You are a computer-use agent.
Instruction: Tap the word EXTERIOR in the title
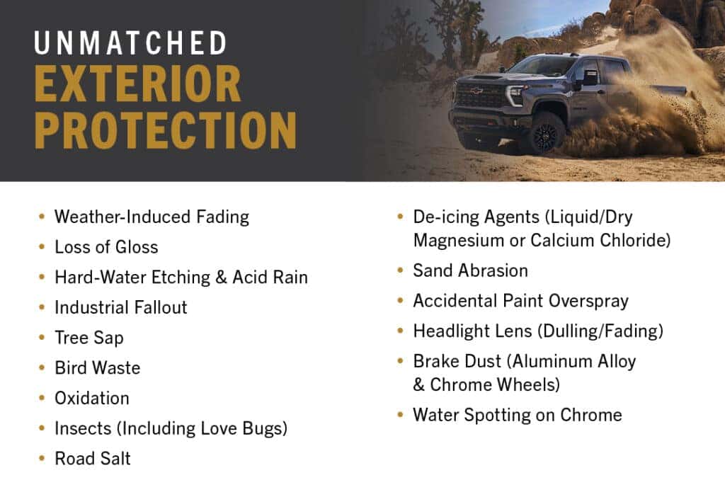(138, 84)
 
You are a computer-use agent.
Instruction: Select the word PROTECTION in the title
(165, 130)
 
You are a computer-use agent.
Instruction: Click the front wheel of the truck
(545, 132)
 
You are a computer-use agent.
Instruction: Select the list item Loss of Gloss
(106, 247)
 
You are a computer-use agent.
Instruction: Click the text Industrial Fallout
(121, 307)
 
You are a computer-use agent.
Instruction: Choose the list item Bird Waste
(98, 368)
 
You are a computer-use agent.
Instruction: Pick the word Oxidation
(92, 398)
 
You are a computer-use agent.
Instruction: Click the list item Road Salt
(93, 459)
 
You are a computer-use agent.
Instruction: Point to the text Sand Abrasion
(470, 270)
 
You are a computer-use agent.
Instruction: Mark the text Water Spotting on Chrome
(518, 415)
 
